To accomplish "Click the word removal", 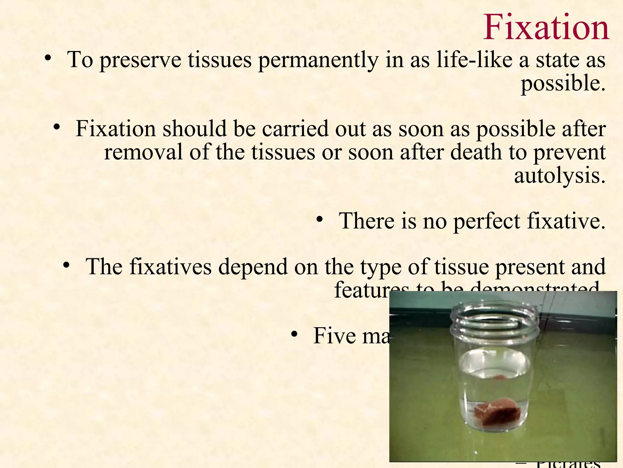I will pos(143,152).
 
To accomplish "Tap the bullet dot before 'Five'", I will pos(294,334).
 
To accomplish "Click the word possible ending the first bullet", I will pos(563,84).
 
